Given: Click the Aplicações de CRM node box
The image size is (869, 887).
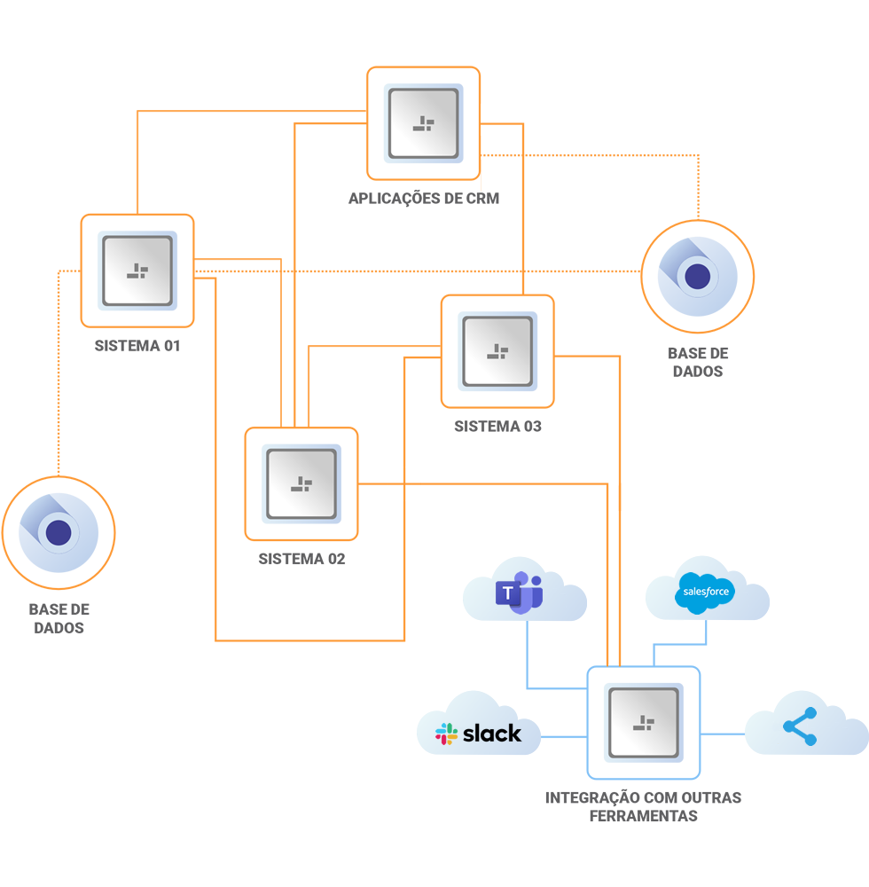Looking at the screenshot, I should click(423, 123).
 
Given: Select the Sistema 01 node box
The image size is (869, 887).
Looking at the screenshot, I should click(137, 271).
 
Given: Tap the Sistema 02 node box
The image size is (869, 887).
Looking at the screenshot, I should click(301, 483).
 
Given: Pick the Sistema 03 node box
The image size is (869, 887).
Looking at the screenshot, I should click(497, 351).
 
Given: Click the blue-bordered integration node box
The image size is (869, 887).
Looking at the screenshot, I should click(644, 722).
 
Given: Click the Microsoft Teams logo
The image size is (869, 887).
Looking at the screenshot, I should click(519, 594).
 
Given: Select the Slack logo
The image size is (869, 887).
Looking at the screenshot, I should click(446, 734).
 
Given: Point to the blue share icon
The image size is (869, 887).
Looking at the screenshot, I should click(801, 726).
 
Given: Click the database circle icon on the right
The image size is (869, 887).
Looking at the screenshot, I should click(698, 276).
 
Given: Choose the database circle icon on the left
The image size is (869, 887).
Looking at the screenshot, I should click(59, 532).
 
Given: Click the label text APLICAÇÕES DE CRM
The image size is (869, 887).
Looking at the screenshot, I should click(423, 199).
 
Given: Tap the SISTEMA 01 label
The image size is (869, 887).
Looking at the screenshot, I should click(137, 346).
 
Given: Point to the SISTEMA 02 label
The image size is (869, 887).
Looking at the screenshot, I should click(301, 560).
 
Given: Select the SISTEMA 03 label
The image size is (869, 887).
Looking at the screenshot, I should click(497, 427).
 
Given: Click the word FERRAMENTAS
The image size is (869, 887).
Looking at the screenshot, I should click(643, 815).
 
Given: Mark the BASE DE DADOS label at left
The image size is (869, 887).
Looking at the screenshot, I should click(59, 619).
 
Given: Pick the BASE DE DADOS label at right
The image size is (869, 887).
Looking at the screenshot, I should click(698, 362).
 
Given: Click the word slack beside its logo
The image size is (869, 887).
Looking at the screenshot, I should click(492, 734).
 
